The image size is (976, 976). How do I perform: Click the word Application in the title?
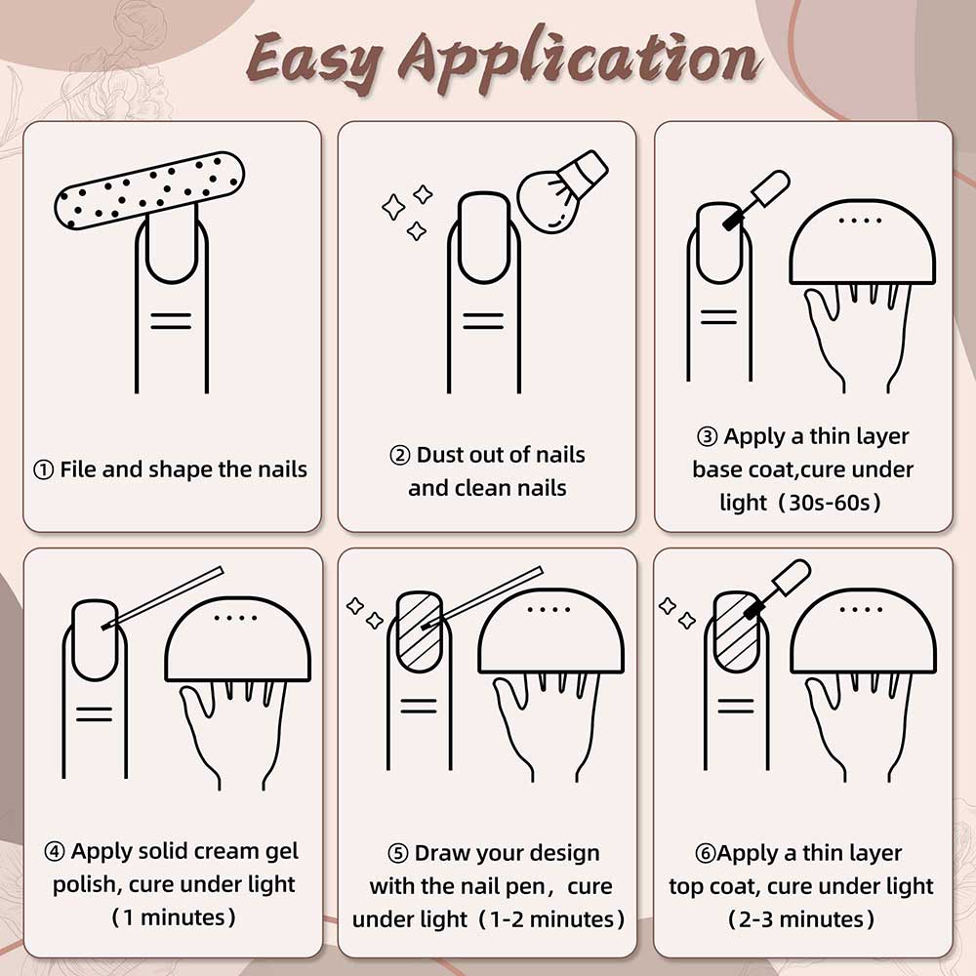click(580, 61)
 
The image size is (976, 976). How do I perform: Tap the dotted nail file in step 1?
click(149, 190)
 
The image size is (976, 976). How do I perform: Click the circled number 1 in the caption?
click(43, 470)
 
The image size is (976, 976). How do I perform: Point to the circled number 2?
click(399, 456)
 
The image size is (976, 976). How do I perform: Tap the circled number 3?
click(707, 437)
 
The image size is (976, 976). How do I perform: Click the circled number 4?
click(54, 851)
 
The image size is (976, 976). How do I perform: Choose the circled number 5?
click(398, 853)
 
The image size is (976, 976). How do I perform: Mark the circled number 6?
click(706, 853)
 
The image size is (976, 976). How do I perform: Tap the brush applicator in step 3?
click(757, 199)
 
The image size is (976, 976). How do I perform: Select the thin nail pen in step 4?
click(162, 597)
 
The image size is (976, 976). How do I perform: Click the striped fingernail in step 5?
click(420, 631)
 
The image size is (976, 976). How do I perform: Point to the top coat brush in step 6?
click(778, 589)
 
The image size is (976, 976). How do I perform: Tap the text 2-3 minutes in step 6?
click(800, 919)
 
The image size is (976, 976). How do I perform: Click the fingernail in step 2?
click(484, 237)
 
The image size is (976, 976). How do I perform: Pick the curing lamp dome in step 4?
click(237, 639)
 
